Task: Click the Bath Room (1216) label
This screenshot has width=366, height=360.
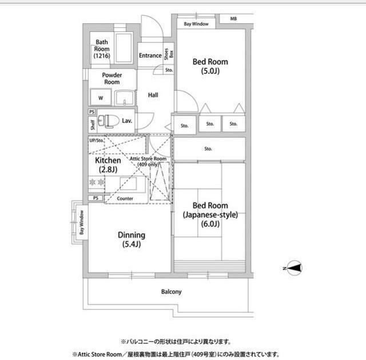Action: (x=102, y=49)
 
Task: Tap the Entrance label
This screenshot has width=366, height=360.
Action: (x=150, y=55)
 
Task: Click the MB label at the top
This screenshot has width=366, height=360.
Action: (x=233, y=19)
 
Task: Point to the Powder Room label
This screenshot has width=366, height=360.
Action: (x=112, y=78)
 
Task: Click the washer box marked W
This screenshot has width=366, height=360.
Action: (x=101, y=97)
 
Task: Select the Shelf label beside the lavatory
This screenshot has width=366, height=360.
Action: (x=92, y=123)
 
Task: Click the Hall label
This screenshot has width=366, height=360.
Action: (x=153, y=95)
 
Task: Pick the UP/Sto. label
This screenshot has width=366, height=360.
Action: (x=96, y=140)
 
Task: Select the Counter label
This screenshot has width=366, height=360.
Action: (x=125, y=198)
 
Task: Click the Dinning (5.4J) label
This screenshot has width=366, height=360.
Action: (x=132, y=239)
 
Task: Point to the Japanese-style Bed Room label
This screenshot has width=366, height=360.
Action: (x=210, y=214)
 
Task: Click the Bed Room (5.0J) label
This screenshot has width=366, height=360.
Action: (x=210, y=66)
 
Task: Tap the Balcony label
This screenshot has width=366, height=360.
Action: (x=171, y=291)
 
